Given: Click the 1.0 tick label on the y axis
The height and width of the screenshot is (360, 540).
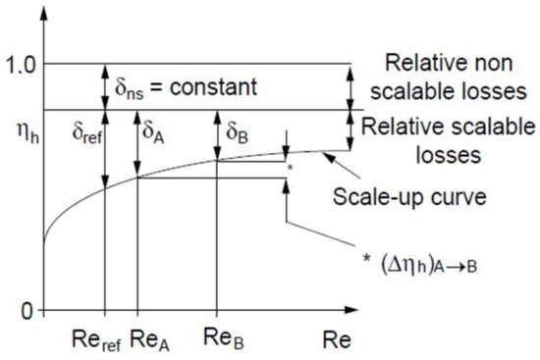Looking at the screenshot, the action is click(21, 65).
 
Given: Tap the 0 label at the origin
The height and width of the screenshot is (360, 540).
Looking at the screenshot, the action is click(27, 312).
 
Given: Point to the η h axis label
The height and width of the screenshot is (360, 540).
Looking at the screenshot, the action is click(27, 132).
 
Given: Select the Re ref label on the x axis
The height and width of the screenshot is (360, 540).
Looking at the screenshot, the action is click(96, 340).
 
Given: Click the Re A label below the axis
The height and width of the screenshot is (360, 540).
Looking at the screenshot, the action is click(149, 340).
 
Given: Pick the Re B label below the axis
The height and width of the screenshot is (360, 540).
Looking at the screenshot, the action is click(223, 339).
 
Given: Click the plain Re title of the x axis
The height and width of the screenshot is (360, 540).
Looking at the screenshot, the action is click(337, 339).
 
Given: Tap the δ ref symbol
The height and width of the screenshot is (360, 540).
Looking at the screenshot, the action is click(87, 132).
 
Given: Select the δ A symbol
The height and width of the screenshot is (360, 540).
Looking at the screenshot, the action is click(153, 132).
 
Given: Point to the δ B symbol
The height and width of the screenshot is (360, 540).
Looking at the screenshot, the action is click(237, 132).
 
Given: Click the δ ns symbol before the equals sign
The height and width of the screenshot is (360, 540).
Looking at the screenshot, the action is click(129, 88).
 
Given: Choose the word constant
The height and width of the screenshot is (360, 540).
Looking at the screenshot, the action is click(213, 86).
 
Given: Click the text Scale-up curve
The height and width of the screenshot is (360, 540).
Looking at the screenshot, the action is click(409, 197).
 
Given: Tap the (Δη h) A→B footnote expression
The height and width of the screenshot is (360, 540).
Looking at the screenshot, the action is click(429, 266).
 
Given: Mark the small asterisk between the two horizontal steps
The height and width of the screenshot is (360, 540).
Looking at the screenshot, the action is click(290, 168).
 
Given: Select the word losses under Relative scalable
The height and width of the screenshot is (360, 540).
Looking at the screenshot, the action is click(448, 156).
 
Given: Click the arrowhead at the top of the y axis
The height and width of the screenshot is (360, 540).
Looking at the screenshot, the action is click(44, 14).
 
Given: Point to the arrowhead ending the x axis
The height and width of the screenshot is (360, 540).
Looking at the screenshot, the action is click(351, 310).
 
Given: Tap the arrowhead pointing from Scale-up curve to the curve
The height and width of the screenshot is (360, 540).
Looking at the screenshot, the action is click(329, 158).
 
